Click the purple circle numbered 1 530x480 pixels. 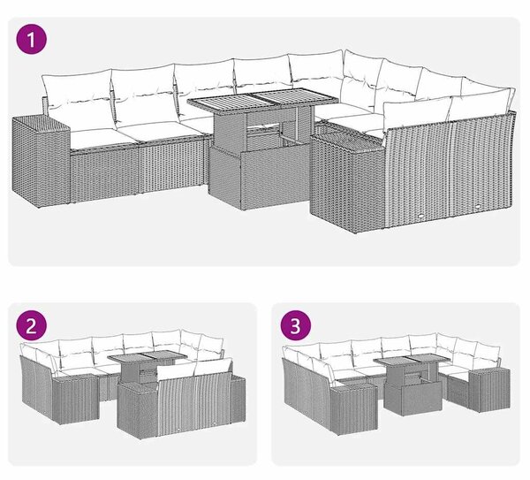click(32, 40)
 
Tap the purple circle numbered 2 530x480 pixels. click(32, 326)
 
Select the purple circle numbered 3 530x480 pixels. click(295, 326)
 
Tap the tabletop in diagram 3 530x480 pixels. click(412, 360)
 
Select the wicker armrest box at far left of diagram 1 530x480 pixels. click(41, 161)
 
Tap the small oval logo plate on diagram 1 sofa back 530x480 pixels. click(422, 214)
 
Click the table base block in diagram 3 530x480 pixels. click(413, 398)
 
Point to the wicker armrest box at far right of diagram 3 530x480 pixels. click(489, 390)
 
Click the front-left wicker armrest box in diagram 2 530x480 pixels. click(76, 400)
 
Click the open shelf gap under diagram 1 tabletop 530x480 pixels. click(264, 130)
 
